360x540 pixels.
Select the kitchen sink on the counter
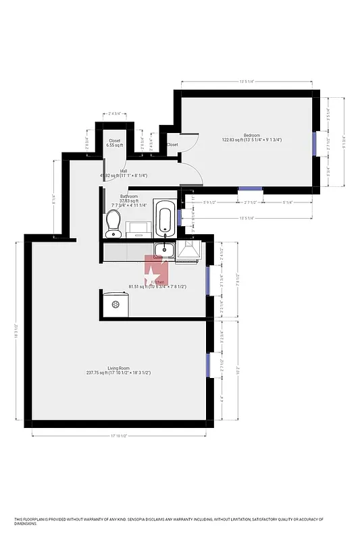click(x=163, y=250)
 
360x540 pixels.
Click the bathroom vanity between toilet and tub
click(x=139, y=227)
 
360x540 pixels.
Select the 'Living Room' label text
click(x=118, y=368)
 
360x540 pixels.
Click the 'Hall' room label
click(x=124, y=171)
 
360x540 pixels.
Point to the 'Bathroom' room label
click(x=129, y=196)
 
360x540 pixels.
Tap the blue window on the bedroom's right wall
click(x=314, y=142)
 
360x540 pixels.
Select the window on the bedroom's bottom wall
click(x=251, y=189)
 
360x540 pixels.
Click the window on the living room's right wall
click(x=208, y=365)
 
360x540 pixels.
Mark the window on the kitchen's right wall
click(x=208, y=277)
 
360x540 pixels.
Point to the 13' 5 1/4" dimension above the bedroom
click(x=247, y=82)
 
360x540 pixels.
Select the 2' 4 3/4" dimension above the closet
click(x=113, y=114)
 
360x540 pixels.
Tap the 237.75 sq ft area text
click(x=100, y=373)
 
